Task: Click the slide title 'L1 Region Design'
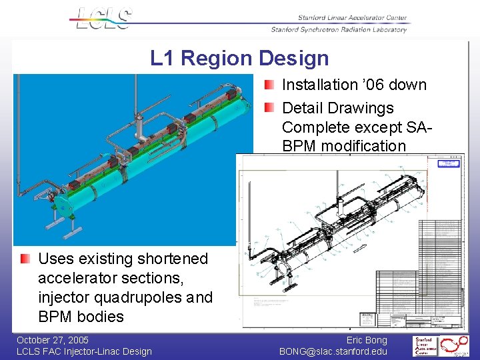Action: (239, 59)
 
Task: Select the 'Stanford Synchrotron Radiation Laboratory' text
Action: (339, 29)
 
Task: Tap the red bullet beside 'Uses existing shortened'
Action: (25, 259)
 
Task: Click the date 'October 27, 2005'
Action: (53, 341)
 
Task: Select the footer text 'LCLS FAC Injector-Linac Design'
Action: (84, 351)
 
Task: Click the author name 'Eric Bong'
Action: (367, 341)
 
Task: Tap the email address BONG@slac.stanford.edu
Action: (333, 351)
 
